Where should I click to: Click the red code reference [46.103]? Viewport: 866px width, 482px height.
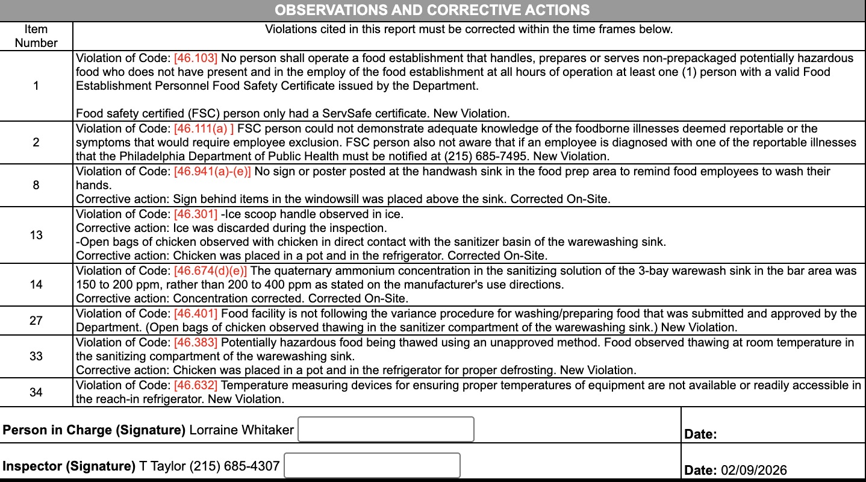click(x=196, y=58)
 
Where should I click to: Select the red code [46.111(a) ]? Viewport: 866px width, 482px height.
click(x=204, y=129)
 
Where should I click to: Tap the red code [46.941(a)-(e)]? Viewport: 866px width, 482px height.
click(x=213, y=172)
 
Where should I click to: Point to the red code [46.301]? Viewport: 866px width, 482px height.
click(x=196, y=214)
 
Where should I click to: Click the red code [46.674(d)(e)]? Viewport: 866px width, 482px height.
click(x=210, y=271)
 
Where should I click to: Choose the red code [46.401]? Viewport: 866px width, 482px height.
click(x=196, y=313)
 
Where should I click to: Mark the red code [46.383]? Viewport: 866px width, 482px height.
click(x=196, y=343)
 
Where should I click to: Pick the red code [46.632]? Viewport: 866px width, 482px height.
click(x=196, y=385)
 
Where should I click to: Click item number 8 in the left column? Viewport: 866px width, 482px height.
click(x=36, y=186)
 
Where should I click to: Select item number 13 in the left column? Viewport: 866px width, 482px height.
click(x=36, y=235)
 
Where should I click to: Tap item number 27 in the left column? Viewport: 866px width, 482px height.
click(x=36, y=321)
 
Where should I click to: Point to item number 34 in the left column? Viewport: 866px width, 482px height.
click(x=36, y=393)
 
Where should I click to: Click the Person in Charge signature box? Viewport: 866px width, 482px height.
click(x=386, y=429)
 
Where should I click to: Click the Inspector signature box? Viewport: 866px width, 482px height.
click(x=372, y=466)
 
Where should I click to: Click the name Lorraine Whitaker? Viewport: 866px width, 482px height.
click(x=241, y=430)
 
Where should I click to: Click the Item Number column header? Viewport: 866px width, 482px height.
click(x=36, y=36)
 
